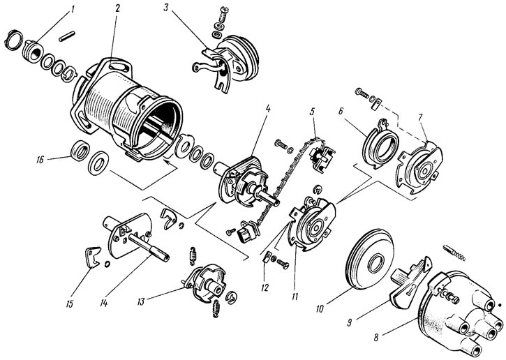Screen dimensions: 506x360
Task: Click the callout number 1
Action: [73, 8]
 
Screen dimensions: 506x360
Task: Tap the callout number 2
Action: [117, 8]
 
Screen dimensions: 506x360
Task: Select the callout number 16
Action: [40, 160]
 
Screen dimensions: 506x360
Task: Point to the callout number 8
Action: [376, 338]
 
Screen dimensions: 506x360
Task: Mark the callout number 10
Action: [320, 309]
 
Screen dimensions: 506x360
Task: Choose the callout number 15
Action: [70, 303]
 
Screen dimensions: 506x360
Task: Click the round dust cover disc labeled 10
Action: [370, 259]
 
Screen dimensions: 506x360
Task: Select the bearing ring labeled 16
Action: [80, 151]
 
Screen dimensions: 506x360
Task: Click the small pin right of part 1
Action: [67, 36]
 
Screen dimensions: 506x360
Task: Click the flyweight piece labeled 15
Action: [92, 256]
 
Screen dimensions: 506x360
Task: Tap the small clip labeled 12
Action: [267, 257]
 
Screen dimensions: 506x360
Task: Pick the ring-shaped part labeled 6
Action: [380, 144]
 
